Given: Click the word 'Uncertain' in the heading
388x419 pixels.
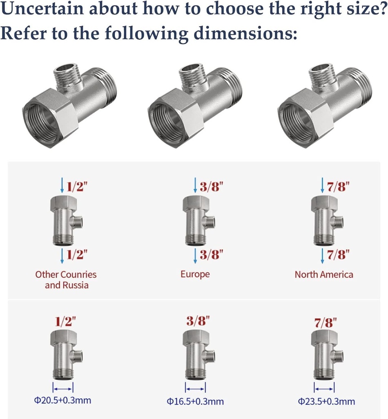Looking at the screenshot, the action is point(42,8).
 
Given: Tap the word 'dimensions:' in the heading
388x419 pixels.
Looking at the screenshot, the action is point(245,34).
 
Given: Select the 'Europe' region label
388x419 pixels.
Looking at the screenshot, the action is point(195,275).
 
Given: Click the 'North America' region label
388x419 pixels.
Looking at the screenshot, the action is point(324,275).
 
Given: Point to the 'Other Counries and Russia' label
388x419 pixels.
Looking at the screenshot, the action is point(66,280).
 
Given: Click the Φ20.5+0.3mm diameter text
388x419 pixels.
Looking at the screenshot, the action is point(62,400).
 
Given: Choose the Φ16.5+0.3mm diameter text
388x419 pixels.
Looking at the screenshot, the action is point(195,401).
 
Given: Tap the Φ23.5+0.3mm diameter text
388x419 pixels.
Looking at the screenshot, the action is point(326,401).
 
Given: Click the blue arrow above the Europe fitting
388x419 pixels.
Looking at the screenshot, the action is point(195,185).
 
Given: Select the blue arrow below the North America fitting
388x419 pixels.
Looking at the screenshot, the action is point(323,256).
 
